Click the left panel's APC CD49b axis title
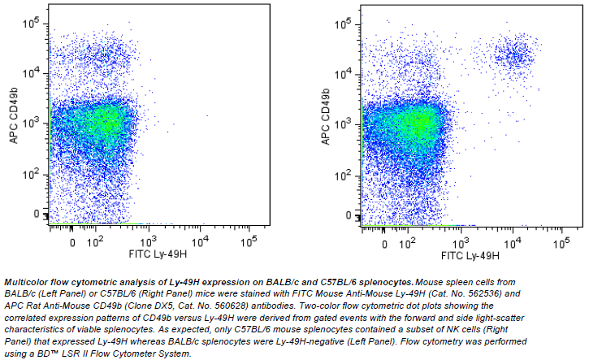[14, 114]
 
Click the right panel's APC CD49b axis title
[325, 114]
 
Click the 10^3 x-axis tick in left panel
[147, 242]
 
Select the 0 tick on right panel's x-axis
[383, 242]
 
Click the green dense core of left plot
[104, 122]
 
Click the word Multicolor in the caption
[25, 280]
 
